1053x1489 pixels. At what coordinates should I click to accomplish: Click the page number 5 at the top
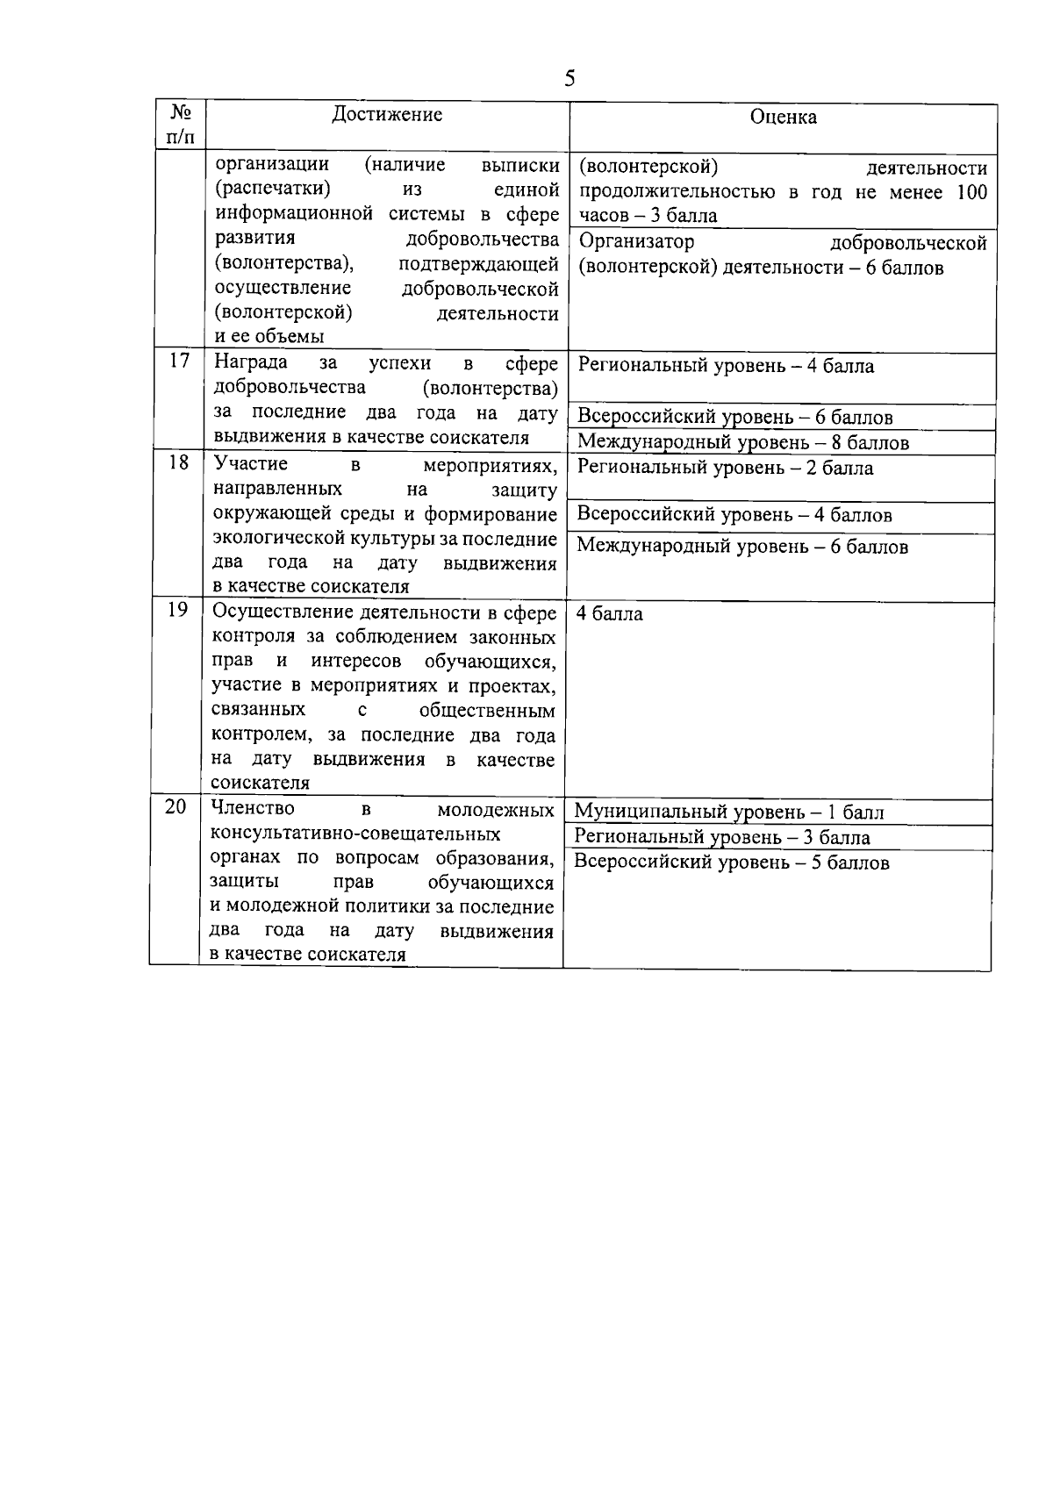(569, 79)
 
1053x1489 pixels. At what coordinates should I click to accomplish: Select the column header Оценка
(783, 117)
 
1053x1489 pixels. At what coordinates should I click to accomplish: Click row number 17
(179, 361)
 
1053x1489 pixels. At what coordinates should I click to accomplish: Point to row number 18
(178, 462)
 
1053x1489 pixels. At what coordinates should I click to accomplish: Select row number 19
(177, 609)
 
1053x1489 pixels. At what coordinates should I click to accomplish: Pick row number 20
(175, 806)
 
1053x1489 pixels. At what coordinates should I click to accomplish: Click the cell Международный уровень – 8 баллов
(743, 442)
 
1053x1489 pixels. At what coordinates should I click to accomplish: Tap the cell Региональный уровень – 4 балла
(726, 366)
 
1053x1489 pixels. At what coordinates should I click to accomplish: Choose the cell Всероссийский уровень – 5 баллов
(731, 863)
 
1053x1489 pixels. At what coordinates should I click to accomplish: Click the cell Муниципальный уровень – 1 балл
(728, 813)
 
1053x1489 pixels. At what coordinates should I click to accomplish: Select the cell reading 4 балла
(609, 614)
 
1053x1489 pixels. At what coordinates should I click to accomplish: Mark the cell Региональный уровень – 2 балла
(725, 468)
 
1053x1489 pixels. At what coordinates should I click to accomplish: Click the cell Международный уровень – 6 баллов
(742, 547)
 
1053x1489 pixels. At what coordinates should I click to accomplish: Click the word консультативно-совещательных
(355, 833)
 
